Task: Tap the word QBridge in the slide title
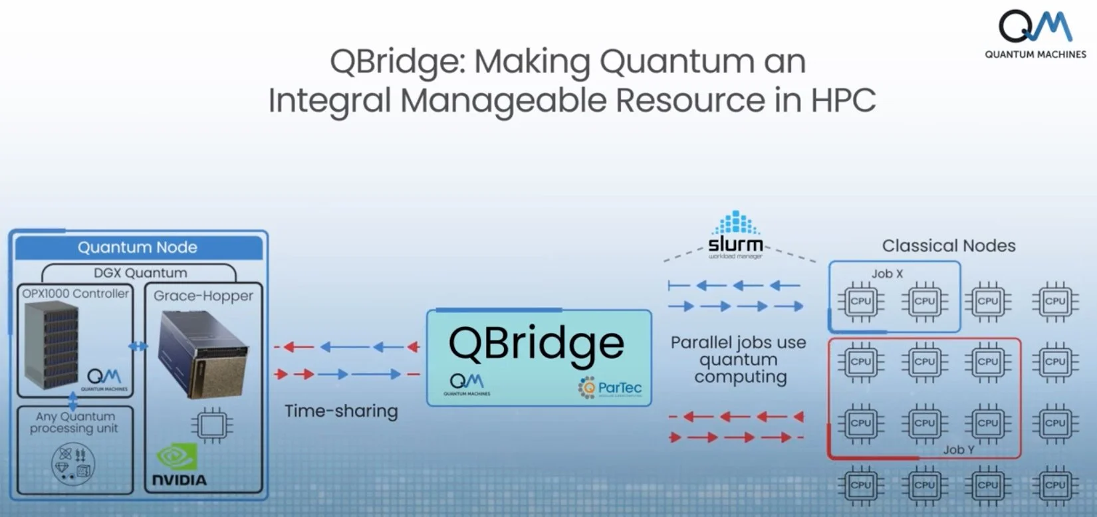coord(393,62)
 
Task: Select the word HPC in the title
coord(842,101)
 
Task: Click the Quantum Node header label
coord(138,247)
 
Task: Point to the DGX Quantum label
coord(140,273)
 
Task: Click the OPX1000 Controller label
coord(75,293)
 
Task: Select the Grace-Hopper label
coord(203,296)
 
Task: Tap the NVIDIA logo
coord(179,466)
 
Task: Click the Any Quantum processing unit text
coord(74,422)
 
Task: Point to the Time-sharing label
coord(341,411)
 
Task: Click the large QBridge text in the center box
coord(537,344)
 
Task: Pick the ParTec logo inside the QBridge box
coord(610,388)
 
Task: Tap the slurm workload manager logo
coord(735,236)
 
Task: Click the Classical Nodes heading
coord(949,246)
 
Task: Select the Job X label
coord(887,273)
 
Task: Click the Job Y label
coord(958,450)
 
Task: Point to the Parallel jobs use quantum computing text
coord(739,360)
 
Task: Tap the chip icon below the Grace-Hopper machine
coord(212,425)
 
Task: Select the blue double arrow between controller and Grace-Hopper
coord(138,346)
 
